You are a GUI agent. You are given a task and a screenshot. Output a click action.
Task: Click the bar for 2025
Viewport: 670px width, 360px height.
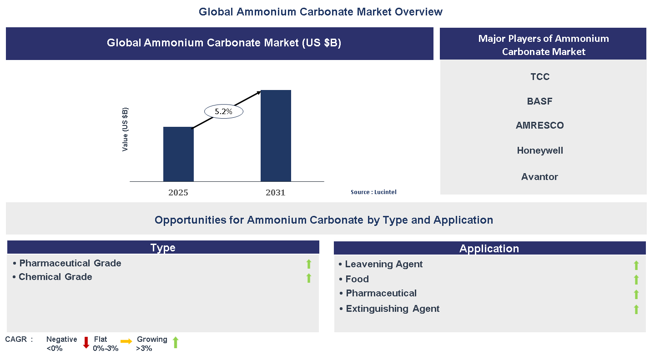(178, 154)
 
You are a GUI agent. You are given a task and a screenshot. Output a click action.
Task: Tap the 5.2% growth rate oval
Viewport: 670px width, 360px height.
(223, 111)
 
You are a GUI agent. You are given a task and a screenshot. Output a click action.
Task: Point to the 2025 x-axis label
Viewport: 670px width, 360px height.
(178, 192)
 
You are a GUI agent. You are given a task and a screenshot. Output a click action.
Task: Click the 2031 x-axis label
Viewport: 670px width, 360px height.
(276, 192)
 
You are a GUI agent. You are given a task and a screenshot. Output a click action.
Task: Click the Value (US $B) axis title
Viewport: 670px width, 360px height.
(125, 130)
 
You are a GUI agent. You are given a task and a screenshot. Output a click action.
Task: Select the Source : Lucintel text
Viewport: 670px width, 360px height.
(373, 192)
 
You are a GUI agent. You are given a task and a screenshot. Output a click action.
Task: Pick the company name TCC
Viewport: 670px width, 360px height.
(540, 77)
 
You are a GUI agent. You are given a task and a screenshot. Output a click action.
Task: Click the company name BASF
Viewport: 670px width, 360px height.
(539, 101)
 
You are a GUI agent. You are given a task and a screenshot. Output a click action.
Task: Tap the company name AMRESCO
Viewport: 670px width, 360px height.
(539, 125)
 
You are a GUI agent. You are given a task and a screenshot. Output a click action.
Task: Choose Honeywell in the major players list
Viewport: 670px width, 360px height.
(540, 150)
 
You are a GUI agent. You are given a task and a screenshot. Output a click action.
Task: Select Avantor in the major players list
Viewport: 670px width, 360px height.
(539, 177)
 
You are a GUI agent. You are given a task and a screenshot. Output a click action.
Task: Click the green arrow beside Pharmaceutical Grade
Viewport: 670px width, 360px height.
(308, 264)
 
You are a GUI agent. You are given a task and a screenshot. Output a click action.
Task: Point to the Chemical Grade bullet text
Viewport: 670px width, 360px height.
(55, 277)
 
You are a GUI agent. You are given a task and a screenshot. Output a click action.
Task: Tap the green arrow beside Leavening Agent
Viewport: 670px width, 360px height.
(636, 265)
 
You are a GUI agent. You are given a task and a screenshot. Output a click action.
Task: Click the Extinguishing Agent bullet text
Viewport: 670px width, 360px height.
(392, 309)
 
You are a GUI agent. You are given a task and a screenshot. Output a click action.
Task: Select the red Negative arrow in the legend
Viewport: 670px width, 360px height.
(86, 343)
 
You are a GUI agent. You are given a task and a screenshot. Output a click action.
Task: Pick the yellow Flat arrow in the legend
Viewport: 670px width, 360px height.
(126, 341)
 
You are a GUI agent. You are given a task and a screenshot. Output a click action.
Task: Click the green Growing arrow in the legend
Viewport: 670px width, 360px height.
(175, 343)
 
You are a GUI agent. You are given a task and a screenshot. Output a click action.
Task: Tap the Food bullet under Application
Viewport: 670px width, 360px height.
(357, 279)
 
